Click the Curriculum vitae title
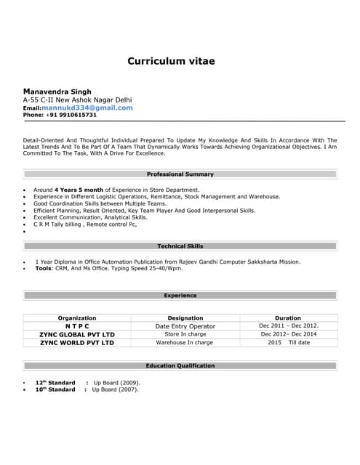pyautogui.click(x=171, y=61)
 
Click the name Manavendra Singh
pyautogui.click(x=57, y=92)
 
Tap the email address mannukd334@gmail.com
pyautogui.click(x=87, y=108)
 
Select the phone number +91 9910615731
pyautogui.click(x=71, y=115)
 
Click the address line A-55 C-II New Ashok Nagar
pyautogui.click(x=77, y=100)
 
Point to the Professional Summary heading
pyautogui.click(x=180, y=174)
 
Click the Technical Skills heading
pyautogui.click(x=180, y=246)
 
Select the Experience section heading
pyautogui.click(x=180, y=296)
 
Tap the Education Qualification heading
pyautogui.click(x=180, y=365)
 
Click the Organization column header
pyautogui.click(x=77, y=318)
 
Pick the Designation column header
pyautogui.click(x=185, y=318)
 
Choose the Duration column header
pyautogui.click(x=288, y=318)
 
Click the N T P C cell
pyautogui.click(x=77, y=326)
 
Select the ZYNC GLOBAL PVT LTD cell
pyautogui.click(x=77, y=334)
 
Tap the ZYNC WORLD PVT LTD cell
pyautogui.click(x=77, y=342)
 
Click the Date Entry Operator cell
pyautogui.click(x=185, y=326)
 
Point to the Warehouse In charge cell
pyautogui.click(x=185, y=342)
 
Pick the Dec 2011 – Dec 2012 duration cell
pyautogui.click(x=289, y=326)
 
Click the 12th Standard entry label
pyautogui.click(x=55, y=382)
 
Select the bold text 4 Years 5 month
pyautogui.click(x=79, y=190)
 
